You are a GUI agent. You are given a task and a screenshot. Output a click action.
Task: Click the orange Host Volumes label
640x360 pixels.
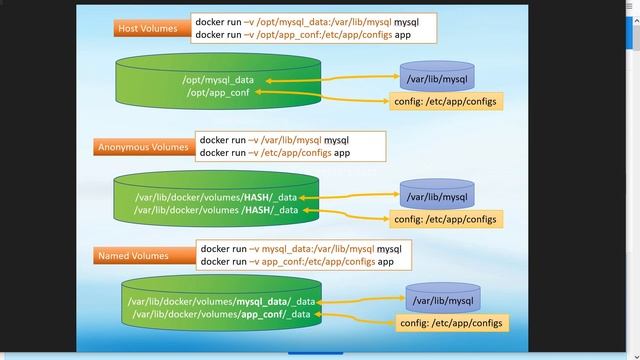(x=149, y=28)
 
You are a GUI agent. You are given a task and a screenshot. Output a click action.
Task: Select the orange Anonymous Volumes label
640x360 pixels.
(x=143, y=147)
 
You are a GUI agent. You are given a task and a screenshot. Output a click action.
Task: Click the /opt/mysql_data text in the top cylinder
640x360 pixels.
(x=217, y=78)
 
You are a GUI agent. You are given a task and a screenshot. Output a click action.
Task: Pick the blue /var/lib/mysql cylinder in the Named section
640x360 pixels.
(x=442, y=300)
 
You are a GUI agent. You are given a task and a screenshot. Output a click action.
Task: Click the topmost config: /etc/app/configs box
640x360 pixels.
(x=443, y=101)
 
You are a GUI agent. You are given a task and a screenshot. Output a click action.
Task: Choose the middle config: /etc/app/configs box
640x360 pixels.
(x=443, y=219)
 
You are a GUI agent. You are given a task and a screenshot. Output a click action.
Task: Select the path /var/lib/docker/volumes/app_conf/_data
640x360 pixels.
(x=222, y=316)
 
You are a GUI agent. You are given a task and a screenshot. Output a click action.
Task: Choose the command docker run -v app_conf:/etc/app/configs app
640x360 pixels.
(x=296, y=262)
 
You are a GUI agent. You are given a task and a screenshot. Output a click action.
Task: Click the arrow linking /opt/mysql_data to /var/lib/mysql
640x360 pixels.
(x=330, y=79)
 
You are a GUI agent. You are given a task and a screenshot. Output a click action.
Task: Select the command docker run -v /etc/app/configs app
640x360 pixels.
(x=275, y=154)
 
